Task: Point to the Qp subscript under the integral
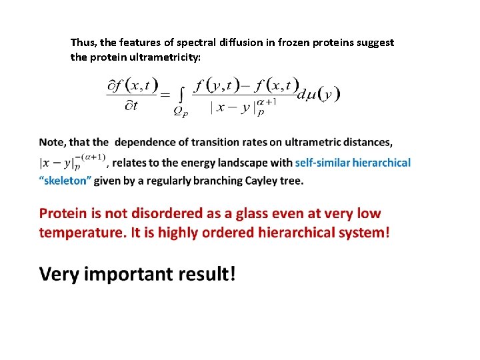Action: (x=181, y=113)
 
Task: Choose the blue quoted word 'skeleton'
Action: (x=66, y=181)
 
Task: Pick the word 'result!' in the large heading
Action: (x=206, y=274)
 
